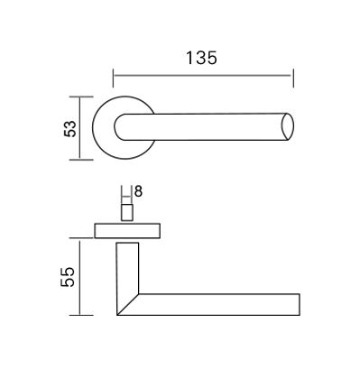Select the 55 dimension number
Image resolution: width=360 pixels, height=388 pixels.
pyautogui.click(x=69, y=276)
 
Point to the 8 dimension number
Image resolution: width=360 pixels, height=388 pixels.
pyautogui.click(x=137, y=190)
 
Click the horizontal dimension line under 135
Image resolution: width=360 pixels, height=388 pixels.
pyautogui.click(x=203, y=75)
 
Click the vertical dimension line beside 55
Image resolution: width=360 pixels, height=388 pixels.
pyautogui.click(x=82, y=277)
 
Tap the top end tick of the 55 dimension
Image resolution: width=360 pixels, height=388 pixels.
pyautogui.click(x=82, y=239)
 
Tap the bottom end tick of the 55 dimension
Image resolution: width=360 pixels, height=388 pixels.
pyautogui.click(x=82, y=315)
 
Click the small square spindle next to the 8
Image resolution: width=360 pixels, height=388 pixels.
pyautogui.click(x=126, y=211)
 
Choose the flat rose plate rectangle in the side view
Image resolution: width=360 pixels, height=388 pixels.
pyautogui.click(x=127, y=228)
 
